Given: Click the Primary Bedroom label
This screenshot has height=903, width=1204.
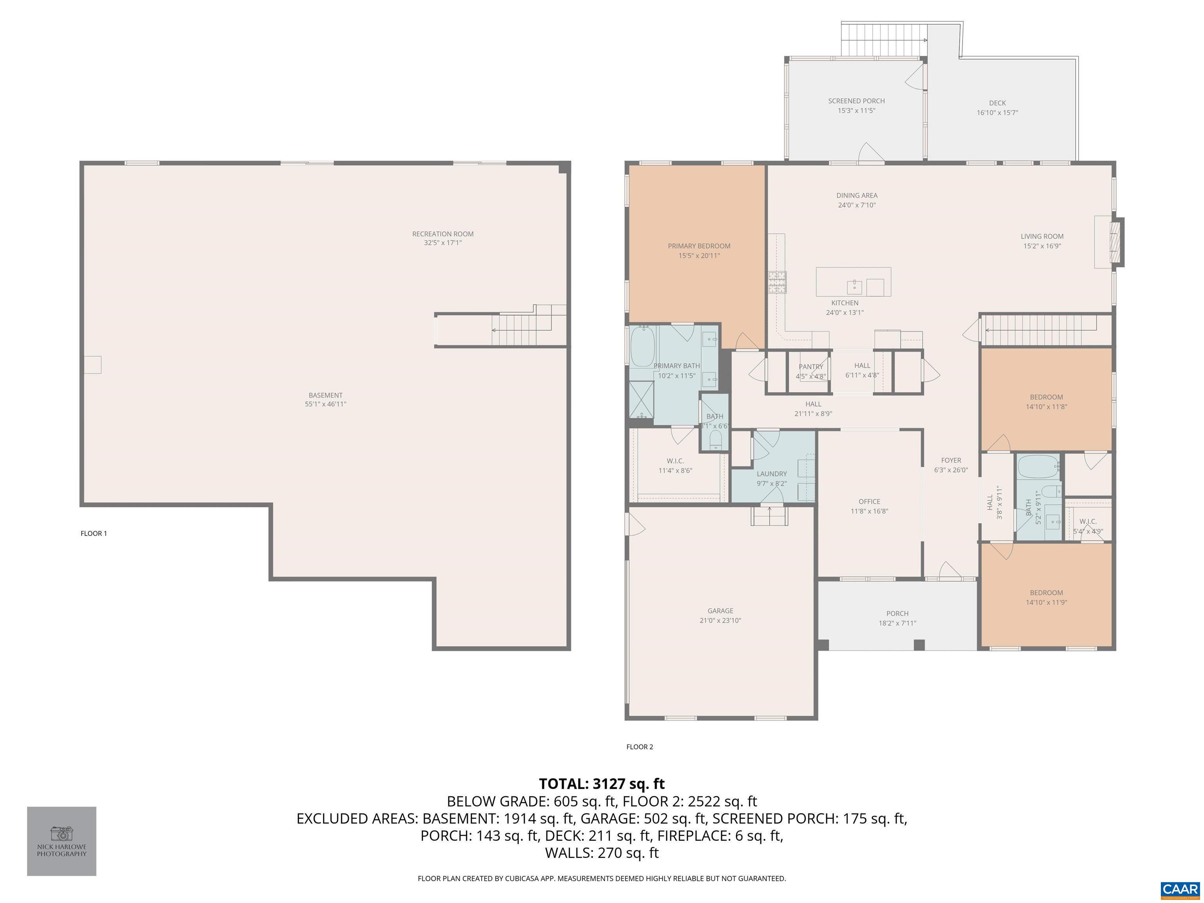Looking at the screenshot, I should (x=699, y=246).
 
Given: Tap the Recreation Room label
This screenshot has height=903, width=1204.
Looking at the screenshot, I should (x=442, y=234).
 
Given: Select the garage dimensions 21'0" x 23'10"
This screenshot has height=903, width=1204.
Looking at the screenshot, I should (x=720, y=620).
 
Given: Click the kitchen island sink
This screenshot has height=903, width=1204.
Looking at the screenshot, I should (x=854, y=287).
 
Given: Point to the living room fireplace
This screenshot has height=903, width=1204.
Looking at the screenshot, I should (x=1116, y=242).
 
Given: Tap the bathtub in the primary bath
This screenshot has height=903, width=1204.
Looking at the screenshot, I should (x=642, y=346).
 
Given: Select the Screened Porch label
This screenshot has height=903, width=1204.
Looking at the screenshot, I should (x=856, y=101).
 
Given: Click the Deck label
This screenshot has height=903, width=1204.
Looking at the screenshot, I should (x=997, y=103).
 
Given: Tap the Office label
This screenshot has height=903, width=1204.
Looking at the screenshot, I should (x=869, y=501).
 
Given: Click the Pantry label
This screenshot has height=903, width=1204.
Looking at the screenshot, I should (x=811, y=367).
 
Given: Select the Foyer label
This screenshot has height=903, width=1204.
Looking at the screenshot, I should (x=951, y=461).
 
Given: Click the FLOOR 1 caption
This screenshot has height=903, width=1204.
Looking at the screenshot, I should (x=94, y=533).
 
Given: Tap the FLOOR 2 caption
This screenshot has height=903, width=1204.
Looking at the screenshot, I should (x=640, y=747).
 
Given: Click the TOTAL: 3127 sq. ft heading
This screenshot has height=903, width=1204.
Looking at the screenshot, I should (x=602, y=784).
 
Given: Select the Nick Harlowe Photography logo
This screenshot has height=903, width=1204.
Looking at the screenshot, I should (x=62, y=841).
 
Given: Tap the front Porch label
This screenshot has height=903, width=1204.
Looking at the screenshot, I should (x=897, y=613).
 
